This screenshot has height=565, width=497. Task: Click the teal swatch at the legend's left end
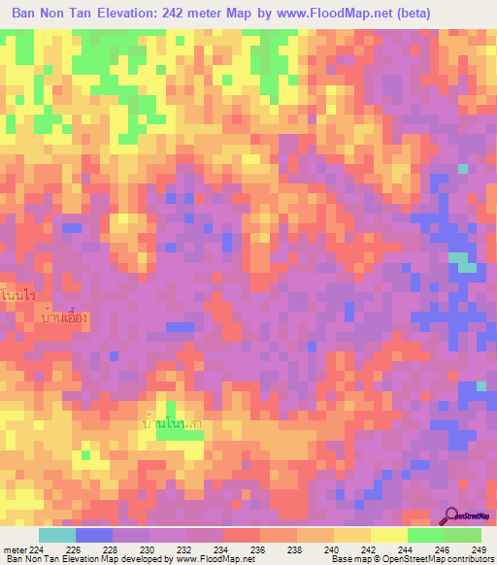point(56,535)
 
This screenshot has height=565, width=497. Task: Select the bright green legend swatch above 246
point(425,535)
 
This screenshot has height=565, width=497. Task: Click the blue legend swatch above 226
point(94,535)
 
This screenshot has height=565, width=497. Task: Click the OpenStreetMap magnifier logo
point(450,515)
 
